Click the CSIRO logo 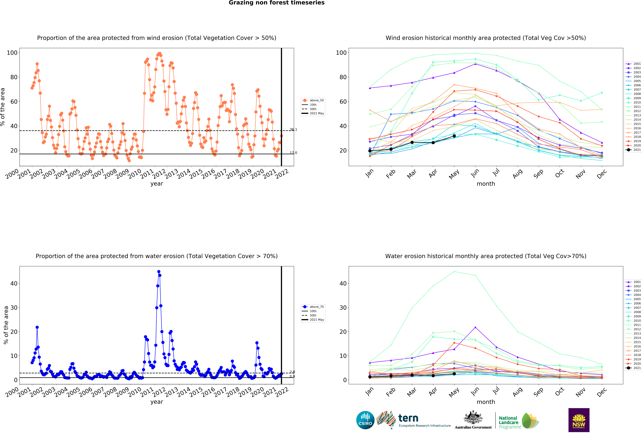[x=365, y=420]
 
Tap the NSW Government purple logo [x=579, y=420]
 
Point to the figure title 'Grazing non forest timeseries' [x=277, y=3]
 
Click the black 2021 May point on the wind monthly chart [x=454, y=136]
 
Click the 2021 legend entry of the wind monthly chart [x=633, y=150]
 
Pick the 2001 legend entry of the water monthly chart [x=633, y=282]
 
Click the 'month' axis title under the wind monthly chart [x=486, y=184]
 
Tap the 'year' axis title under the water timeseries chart [x=157, y=402]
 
